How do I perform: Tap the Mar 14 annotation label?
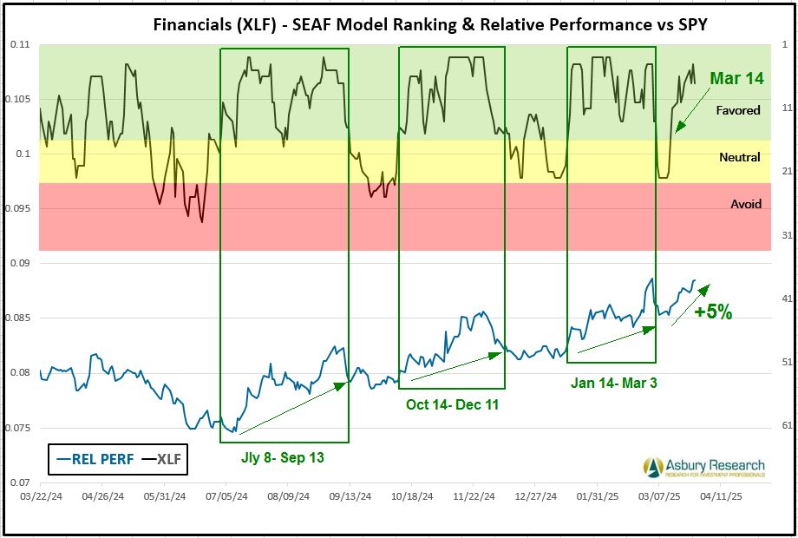point(736,78)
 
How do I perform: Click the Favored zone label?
point(738,110)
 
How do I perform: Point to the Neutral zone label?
point(740,157)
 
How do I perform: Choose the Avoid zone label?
point(745,204)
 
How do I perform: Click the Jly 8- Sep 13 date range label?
point(283,457)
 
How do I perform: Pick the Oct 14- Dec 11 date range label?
point(452,404)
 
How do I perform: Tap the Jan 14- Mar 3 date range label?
point(613,382)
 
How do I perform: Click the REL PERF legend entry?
point(95,459)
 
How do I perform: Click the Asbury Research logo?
point(703,468)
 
